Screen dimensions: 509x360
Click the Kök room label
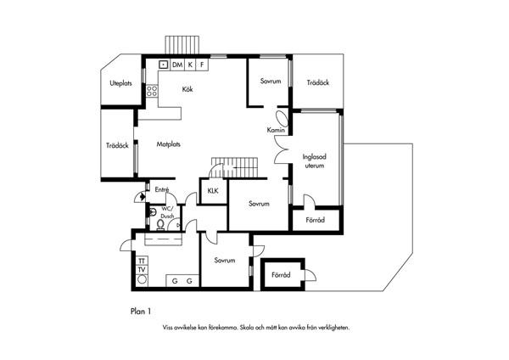[x=187, y=89]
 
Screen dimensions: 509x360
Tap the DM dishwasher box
[x=177, y=65]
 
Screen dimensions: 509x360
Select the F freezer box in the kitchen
[x=202, y=65]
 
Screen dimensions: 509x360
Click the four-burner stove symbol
[x=152, y=91]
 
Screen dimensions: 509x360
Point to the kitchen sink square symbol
[x=163, y=65]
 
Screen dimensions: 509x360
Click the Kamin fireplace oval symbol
[x=282, y=119]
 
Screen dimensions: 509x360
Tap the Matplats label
[x=169, y=144]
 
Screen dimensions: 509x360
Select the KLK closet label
[x=213, y=191]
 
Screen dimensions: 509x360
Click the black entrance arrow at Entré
[x=143, y=196]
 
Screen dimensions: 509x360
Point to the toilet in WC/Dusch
[x=160, y=224]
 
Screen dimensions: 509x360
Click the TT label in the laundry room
[x=142, y=261]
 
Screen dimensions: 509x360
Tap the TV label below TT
[x=142, y=270]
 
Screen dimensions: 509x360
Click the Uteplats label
[x=120, y=83]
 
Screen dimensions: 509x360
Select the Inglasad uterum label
[x=314, y=161]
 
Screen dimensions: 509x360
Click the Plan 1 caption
[x=141, y=312]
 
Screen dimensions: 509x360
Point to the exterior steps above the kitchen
[x=182, y=45]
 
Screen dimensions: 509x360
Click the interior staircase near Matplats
[x=234, y=167]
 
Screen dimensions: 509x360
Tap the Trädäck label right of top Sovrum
[x=318, y=82]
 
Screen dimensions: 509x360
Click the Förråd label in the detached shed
[x=281, y=275]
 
